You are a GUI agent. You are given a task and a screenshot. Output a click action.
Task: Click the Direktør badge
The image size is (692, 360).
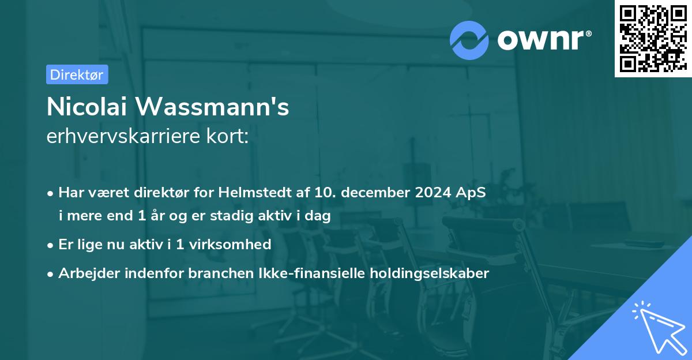(77, 74)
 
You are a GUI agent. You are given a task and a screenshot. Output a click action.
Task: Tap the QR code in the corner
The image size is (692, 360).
(652, 38)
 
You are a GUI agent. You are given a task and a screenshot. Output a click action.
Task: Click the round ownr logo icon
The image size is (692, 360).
(469, 40)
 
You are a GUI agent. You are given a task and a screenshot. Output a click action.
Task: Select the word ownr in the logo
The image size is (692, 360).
(544, 40)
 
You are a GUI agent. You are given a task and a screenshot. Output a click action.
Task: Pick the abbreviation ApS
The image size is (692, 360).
(471, 193)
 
